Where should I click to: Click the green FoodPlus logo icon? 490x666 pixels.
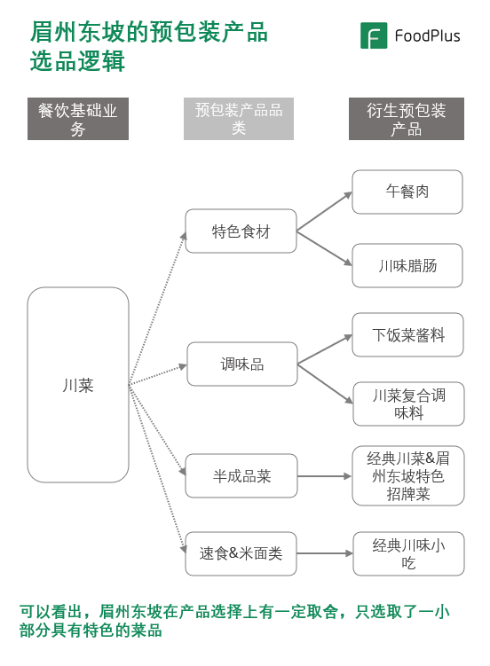click(374, 35)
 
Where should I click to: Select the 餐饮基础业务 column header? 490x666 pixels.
click(78, 120)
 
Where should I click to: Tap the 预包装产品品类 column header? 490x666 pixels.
click(239, 120)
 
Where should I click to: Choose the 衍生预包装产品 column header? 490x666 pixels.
click(407, 120)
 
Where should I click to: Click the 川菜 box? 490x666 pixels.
click(78, 385)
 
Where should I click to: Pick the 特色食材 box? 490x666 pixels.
click(241, 231)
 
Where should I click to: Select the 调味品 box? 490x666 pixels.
click(241, 364)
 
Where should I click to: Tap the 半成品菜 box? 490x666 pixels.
click(241, 476)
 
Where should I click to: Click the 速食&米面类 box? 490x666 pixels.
click(241, 553)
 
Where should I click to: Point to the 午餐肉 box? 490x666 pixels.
click(407, 192)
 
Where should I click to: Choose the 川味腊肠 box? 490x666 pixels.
click(407, 266)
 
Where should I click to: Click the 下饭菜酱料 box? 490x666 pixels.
click(407, 335)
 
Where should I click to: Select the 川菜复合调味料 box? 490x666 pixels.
click(407, 404)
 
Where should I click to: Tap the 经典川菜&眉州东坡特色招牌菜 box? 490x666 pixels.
click(407, 476)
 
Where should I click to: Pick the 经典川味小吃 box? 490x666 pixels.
click(407, 554)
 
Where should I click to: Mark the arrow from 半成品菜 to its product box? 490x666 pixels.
click(324, 476)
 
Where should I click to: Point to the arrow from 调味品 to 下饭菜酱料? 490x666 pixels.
click(324, 350)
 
